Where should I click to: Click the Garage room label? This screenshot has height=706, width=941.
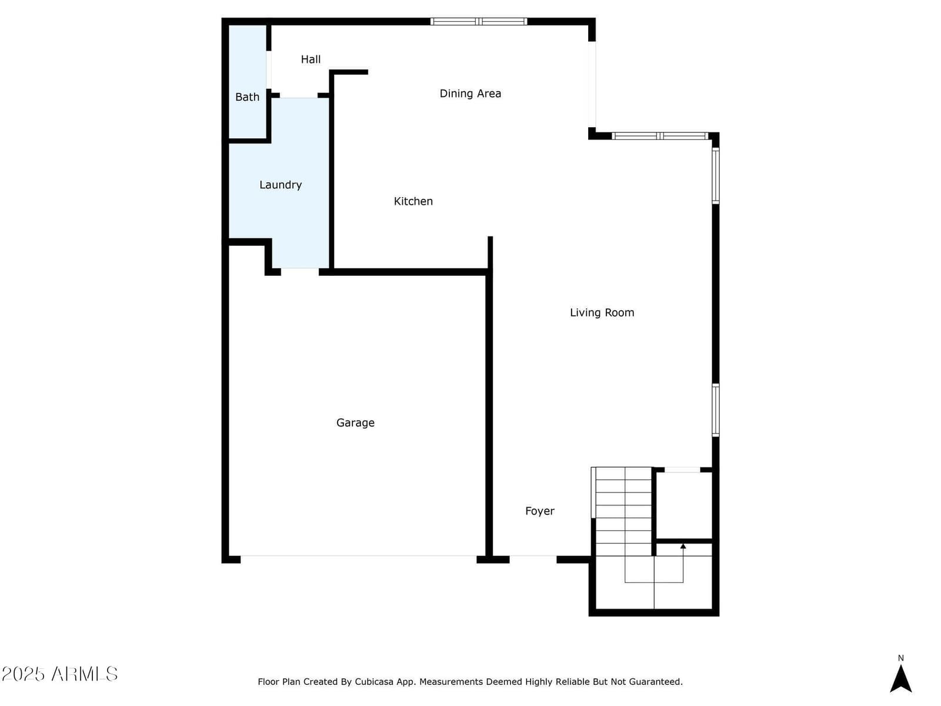click(355, 423)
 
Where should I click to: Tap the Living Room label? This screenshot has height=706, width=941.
click(602, 312)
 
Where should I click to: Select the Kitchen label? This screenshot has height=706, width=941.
click(413, 201)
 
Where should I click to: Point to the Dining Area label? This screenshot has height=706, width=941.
click(470, 94)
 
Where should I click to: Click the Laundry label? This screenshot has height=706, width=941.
click(281, 185)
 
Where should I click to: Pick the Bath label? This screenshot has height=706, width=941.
click(248, 97)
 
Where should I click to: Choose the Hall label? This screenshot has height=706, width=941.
click(311, 59)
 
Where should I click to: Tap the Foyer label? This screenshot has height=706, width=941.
click(540, 511)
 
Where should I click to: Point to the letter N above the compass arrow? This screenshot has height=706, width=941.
click(900, 658)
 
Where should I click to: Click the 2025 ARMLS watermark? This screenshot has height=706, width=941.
click(59, 674)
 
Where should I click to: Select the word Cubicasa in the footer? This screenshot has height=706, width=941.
click(374, 681)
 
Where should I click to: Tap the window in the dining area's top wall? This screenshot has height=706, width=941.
click(479, 21)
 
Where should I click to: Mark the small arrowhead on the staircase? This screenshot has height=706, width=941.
click(683, 546)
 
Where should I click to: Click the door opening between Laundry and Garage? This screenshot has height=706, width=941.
click(300, 272)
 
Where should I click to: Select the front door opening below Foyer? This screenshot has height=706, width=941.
click(533, 559)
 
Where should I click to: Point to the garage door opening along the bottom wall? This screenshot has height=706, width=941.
click(358, 559)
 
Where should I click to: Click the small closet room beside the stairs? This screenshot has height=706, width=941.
click(684, 505)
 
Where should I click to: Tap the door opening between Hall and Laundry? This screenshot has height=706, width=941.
click(298, 95)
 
